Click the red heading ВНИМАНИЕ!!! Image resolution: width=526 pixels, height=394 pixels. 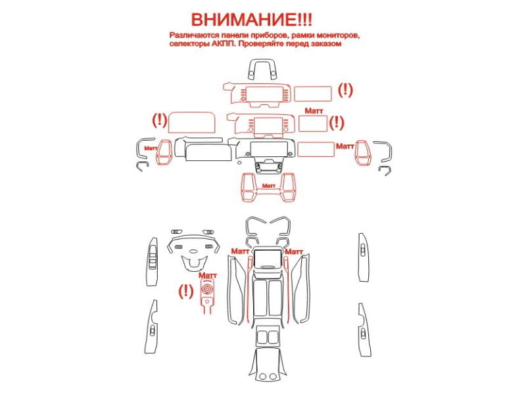click(x=251, y=20)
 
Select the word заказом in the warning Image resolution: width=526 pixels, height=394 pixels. click(x=325, y=44)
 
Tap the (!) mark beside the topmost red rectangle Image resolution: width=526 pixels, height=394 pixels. click(x=345, y=90)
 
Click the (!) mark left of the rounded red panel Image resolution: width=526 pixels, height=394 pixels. click(x=160, y=120)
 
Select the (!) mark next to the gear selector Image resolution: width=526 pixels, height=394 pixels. click(x=185, y=291)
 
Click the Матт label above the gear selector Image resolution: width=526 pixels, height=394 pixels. click(x=208, y=275)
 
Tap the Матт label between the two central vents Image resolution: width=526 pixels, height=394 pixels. click(x=268, y=186)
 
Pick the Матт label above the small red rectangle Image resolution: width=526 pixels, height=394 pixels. click(x=314, y=111)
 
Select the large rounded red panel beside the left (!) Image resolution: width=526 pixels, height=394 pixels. click(x=191, y=122)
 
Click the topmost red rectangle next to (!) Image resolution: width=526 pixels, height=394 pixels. click(x=313, y=93)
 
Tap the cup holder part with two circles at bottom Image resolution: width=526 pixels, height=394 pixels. click(x=268, y=365)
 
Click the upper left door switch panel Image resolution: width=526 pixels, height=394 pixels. click(x=152, y=261)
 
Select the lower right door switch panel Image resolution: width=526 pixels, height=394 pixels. click(x=364, y=330)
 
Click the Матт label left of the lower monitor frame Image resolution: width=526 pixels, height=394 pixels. click(x=240, y=251)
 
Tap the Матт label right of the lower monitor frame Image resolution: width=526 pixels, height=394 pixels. click(x=294, y=252)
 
